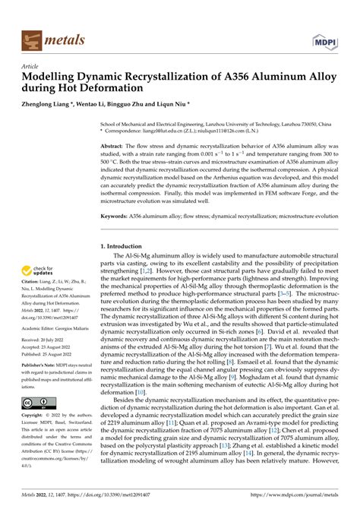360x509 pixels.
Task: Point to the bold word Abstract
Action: point(112,144)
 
